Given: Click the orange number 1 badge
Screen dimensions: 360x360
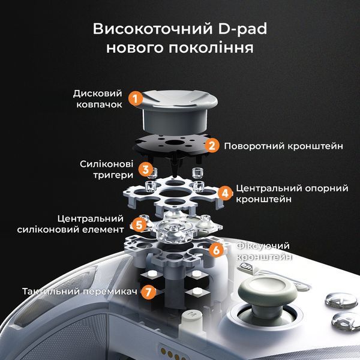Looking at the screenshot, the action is pyautogui.click(x=136, y=99).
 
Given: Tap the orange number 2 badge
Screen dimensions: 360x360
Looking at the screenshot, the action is pyautogui.click(x=212, y=146).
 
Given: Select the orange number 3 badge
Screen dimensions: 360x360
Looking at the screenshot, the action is pyautogui.click(x=146, y=170).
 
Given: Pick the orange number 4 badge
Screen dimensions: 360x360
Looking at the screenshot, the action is pyautogui.click(x=225, y=193).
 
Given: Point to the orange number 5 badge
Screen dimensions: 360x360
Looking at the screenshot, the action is pyautogui.click(x=139, y=225).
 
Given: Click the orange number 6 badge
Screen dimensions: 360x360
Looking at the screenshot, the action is pyautogui.click(x=216, y=250).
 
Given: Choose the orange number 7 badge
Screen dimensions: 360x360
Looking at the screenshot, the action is pyautogui.click(x=148, y=292).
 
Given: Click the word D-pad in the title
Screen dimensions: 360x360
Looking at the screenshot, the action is pyautogui.click(x=242, y=29).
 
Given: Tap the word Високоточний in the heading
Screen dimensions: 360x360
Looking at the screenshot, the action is pyautogui.click(x=152, y=29).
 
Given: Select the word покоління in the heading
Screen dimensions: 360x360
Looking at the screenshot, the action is pyautogui.click(x=211, y=48).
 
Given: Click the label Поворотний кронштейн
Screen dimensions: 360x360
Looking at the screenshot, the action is pyautogui.click(x=284, y=146).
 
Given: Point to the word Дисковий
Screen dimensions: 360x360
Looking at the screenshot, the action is pyautogui.click(x=98, y=94).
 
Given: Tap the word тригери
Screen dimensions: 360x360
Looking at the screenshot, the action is pyautogui.click(x=113, y=175).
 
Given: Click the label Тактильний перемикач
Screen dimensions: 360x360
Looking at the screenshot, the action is pyautogui.click(x=80, y=292).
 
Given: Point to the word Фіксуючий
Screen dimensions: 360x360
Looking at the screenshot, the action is pyautogui.click(x=263, y=246).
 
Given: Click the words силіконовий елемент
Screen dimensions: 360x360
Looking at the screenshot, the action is pyautogui.click(x=71, y=229).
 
